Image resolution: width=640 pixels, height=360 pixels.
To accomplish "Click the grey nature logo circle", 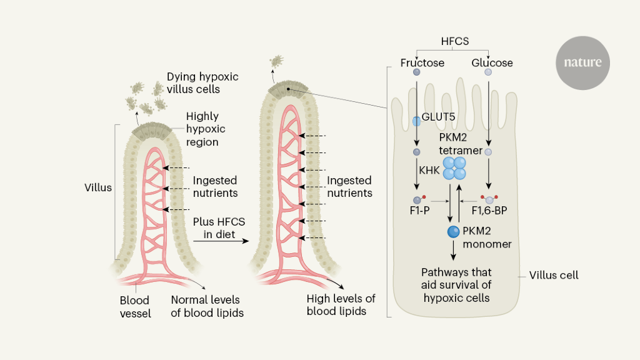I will [582, 62].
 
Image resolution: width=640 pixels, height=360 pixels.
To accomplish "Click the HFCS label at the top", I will [454, 41].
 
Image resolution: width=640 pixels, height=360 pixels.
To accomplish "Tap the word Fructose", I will [422, 63].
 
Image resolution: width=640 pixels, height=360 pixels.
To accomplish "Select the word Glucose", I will [492, 63].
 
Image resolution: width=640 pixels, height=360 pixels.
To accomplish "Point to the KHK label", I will [430, 169].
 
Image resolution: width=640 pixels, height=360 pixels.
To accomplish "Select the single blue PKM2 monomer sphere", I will [454, 232].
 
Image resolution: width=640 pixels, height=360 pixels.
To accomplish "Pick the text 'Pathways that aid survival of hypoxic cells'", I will [456, 285].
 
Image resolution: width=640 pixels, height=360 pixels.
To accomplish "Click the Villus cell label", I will [554, 275].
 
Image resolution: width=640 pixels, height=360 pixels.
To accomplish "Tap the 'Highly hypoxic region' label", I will [206, 129].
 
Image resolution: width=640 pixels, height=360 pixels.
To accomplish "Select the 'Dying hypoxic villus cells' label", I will [202, 83].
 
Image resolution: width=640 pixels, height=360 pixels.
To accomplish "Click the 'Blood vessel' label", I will [135, 306].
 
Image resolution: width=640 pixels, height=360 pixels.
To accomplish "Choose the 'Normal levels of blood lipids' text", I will [207, 306].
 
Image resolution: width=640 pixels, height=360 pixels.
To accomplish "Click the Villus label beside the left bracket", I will [98, 187].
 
